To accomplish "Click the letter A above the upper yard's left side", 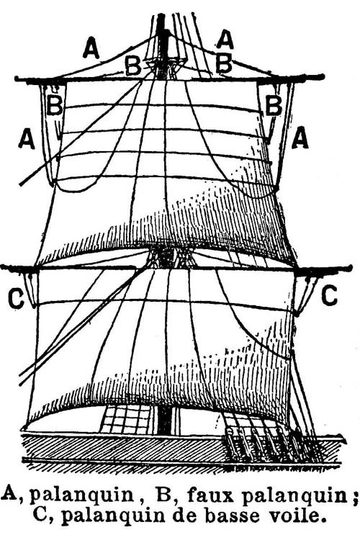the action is pyautogui.click(x=91, y=48).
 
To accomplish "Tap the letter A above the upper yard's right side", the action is pyautogui.click(x=225, y=40).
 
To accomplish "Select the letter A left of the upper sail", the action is pyautogui.click(x=27, y=140).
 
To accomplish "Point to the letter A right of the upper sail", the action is pyautogui.click(x=300, y=137).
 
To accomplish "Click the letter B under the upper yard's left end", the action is pyautogui.click(x=55, y=105).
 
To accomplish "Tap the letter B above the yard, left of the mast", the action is pyautogui.click(x=133, y=66).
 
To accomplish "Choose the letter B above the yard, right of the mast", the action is pyautogui.click(x=224, y=63).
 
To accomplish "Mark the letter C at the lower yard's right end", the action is pyautogui.click(x=329, y=295).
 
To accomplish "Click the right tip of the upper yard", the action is pyautogui.click(x=322, y=77).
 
